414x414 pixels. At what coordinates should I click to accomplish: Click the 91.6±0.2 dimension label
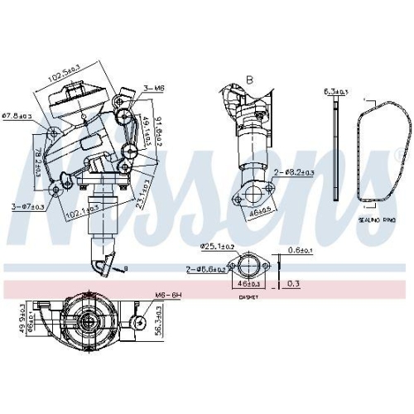(161, 134)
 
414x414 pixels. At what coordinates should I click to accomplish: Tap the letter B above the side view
(248, 80)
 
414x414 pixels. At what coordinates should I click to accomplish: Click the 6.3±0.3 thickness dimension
(336, 91)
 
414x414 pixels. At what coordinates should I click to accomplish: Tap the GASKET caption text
(248, 296)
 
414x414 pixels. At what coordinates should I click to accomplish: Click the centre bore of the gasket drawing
(248, 267)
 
